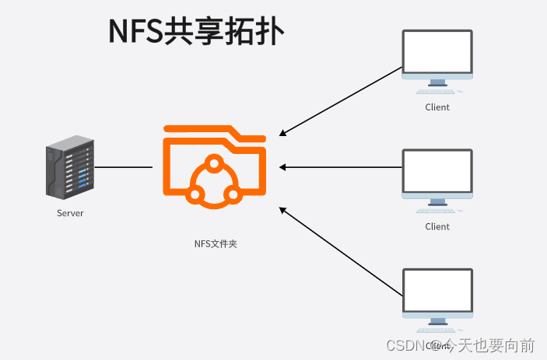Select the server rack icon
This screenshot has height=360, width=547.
pyautogui.click(x=69, y=168)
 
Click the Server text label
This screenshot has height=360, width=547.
pyautogui.click(x=69, y=213)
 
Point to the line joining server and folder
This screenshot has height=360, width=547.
pyautogui.click(x=123, y=167)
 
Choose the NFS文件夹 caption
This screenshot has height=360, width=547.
pyautogui.click(x=215, y=244)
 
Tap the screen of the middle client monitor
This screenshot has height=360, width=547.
pyautogui.click(x=437, y=171)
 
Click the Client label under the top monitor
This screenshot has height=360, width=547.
pyautogui.click(x=437, y=107)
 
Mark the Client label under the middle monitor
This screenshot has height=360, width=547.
pyautogui.click(x=437, y=227)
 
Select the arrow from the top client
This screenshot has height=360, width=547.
pyautogui.click(x=341, y=101)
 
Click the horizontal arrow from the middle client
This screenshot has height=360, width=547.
pyautogui.click(x=341, y=167)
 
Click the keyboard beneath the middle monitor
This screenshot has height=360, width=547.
pyautogui.click(x=437, y=211)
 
